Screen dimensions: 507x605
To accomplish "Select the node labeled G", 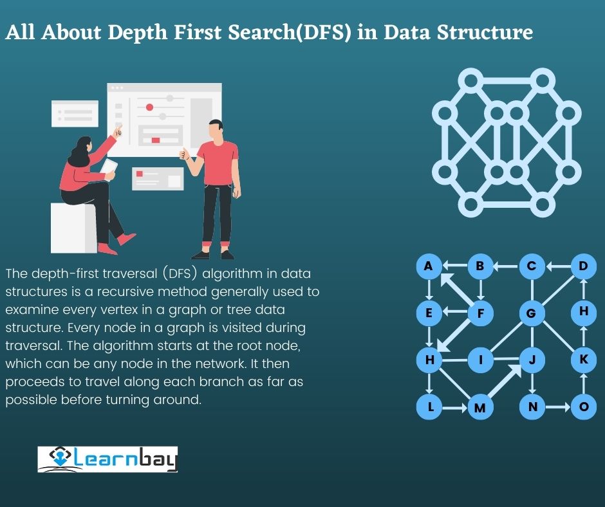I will pos(532,313).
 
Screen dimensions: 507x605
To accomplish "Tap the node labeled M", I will pos(479,407).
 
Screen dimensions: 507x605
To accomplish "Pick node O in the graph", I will pos(584,407).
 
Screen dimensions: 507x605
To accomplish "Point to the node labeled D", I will pos(583,266).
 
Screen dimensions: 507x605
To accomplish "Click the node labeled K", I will pos(583,359).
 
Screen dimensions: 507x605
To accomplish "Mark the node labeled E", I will pos(429,314).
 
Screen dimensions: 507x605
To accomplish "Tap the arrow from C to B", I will pos(506,266).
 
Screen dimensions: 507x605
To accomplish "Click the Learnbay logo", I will pos(107,459).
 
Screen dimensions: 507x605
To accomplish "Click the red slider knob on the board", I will pos(149,107).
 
